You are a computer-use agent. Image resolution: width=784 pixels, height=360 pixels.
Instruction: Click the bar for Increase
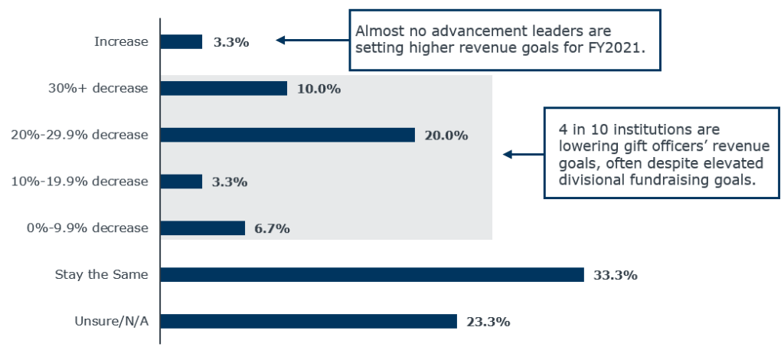[181, 41]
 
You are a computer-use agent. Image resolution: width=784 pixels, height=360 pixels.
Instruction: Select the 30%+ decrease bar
[224, 88]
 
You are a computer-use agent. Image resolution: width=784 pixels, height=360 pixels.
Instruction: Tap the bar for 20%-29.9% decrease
[287, 135]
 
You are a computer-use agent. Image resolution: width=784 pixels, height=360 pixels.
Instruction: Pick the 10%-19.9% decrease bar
[181, 182]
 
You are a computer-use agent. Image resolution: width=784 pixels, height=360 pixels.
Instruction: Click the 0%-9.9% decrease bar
[203, 227]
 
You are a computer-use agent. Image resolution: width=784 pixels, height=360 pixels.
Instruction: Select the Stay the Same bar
[372, 274]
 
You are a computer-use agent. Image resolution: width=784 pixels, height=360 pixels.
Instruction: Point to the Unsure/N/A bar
[309, 321]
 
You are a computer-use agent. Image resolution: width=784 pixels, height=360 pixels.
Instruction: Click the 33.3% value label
[616, 275]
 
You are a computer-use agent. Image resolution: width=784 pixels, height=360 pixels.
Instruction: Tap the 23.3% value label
[488, 322]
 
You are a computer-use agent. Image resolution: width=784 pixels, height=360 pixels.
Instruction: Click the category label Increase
[121, 41]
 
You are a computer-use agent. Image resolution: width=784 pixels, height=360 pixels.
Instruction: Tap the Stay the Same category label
[102, 274]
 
